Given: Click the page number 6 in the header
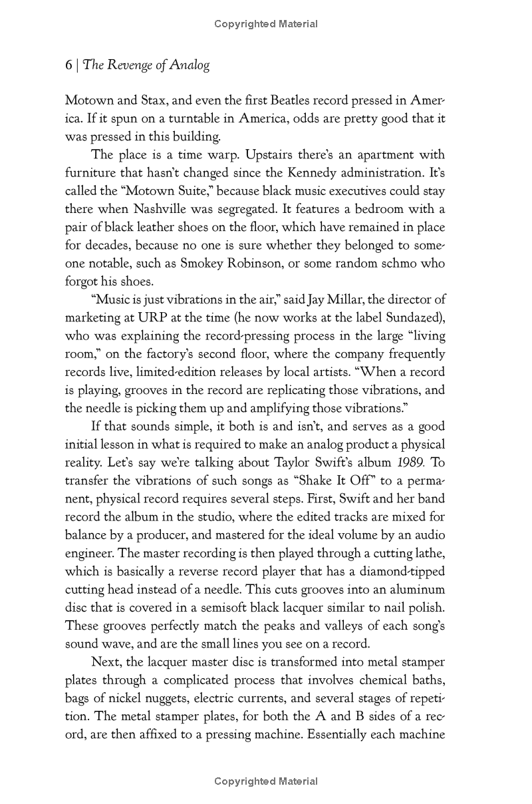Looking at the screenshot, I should tap(68, 65).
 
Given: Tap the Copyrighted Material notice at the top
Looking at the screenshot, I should tap(266, 24).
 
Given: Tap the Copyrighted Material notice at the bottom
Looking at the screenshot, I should tap(266, 781).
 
